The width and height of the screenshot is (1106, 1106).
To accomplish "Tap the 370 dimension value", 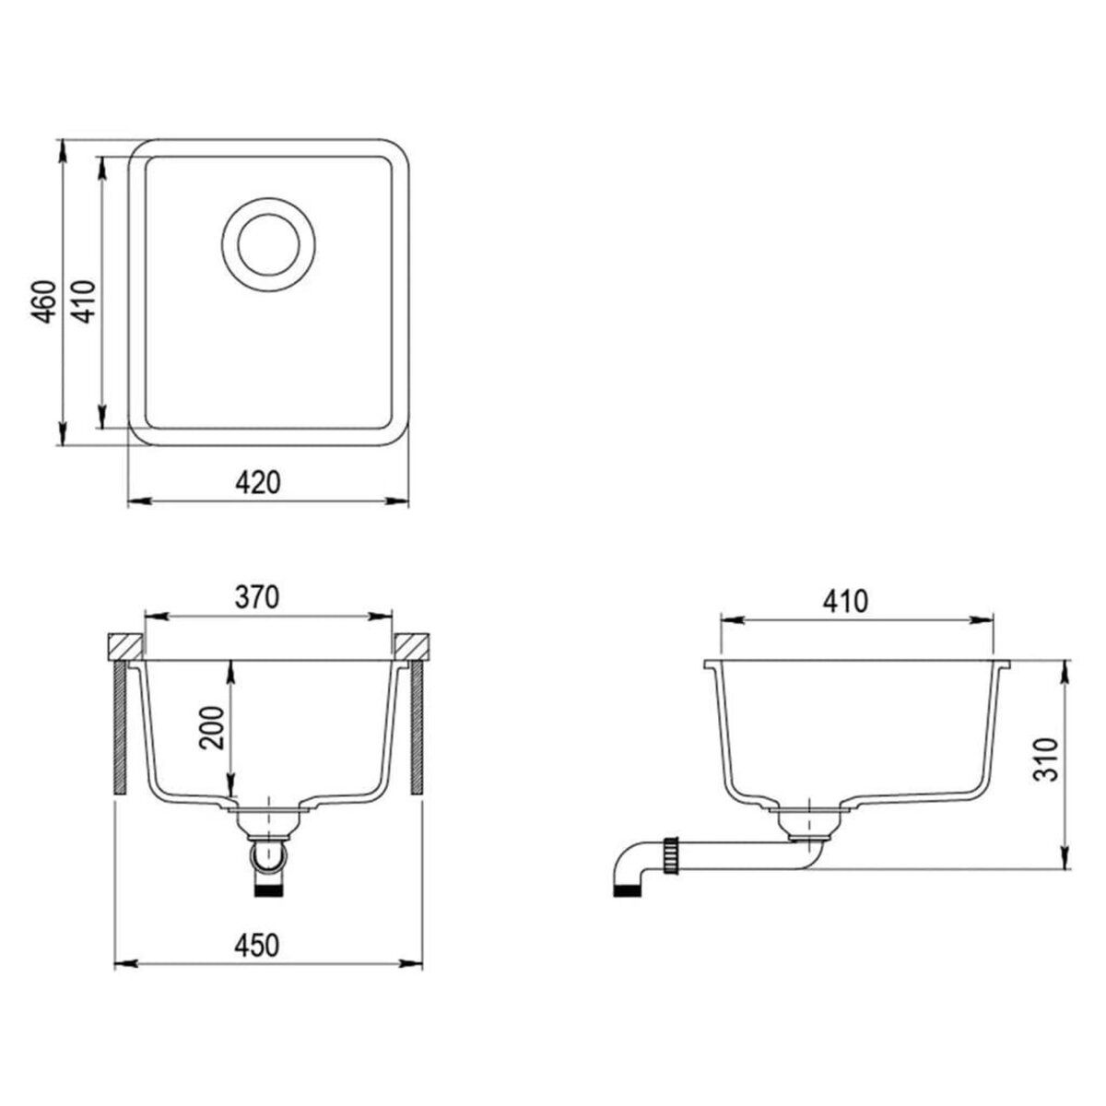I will point(256,598).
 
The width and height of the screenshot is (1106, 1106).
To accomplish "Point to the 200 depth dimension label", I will point(213,729).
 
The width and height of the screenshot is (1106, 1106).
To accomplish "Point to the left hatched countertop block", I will point(124,646).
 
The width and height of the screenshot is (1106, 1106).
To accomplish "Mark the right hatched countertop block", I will point(412,646).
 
